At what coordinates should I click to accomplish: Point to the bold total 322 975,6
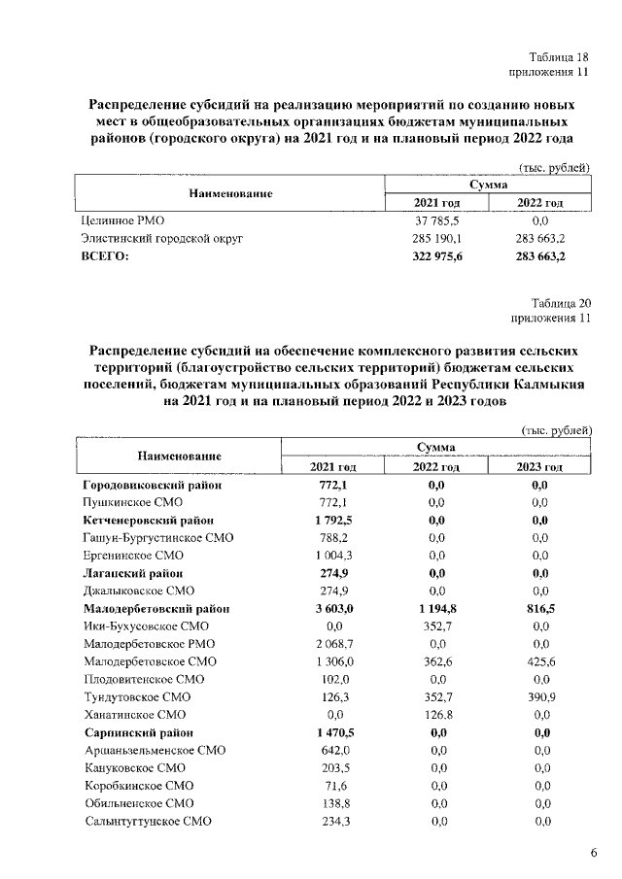point(436,256)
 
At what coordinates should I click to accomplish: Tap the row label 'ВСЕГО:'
point(104,256)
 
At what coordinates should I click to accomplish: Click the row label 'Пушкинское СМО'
point(132,502)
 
